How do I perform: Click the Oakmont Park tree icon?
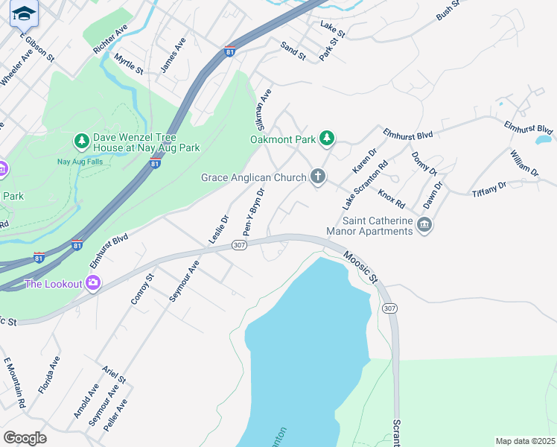pyautogui.click(x=326, y=137)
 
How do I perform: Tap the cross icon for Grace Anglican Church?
pyautogui.click(x=318, y=177)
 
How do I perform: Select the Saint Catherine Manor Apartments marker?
pyautogui.click(x=424, y=224)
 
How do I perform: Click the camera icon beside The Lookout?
pyautogui.click(x=93, y=283)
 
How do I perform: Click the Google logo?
pyautogui.click(x=25, y=437)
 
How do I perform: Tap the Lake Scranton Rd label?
pyautogui.click(x=365, y=185)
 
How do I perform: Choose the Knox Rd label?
pyautogui.click(x=391, y=198)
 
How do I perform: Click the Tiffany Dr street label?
pyautogui.click(x=489, y=189)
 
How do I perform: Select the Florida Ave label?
pyautogui.click(x=49, y=374)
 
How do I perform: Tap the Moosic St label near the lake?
pyautogui.click(x=360, y=267)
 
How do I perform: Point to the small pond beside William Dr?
pyautogui.click(x=543, y=139)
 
